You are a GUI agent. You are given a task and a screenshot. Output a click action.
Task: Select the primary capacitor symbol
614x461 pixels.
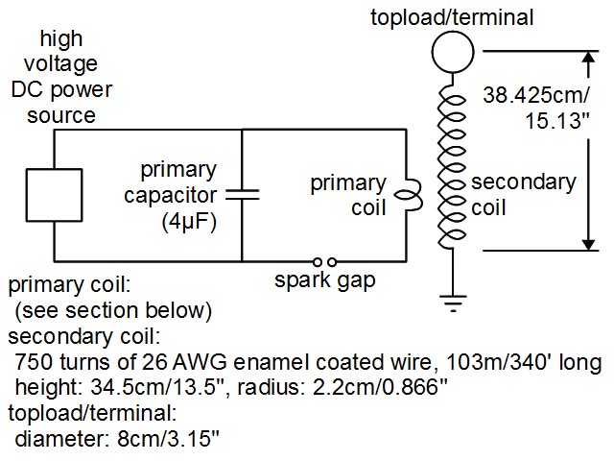coord(243,195)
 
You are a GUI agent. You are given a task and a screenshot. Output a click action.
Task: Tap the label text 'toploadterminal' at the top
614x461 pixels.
coord(451,16)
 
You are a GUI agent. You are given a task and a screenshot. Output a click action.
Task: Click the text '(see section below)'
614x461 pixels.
coord(114,312)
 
